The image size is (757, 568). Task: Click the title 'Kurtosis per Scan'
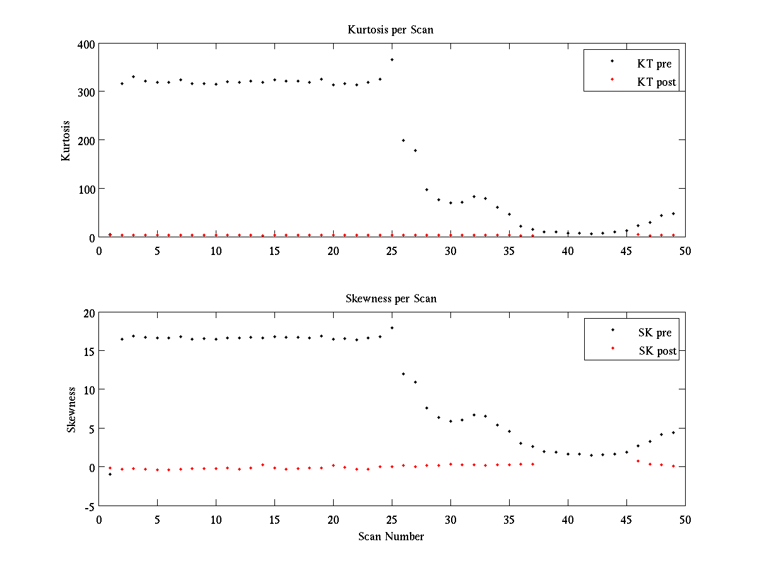point(390,30)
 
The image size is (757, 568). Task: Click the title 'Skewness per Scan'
point(390,299)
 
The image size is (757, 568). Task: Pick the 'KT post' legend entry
point(657,82)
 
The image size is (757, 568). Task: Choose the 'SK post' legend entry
point(657,351)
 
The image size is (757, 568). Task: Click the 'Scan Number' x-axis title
point(391,536)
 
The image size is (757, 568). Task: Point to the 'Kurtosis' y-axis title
point(66,141)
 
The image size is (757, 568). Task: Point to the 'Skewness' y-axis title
point(71,410)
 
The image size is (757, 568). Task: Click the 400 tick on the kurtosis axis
point(86,44)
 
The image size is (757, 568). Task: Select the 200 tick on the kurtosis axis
point(86,141)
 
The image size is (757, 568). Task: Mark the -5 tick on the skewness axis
point(89,506)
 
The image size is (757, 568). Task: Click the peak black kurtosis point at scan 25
point(392,59)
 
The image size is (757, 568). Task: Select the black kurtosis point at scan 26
point(404,140)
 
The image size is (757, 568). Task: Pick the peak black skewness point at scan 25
point(392,328)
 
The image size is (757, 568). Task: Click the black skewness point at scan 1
point(110,474)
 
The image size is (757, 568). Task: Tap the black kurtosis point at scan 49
point(673,213)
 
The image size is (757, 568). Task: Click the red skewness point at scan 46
point(638,461)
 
